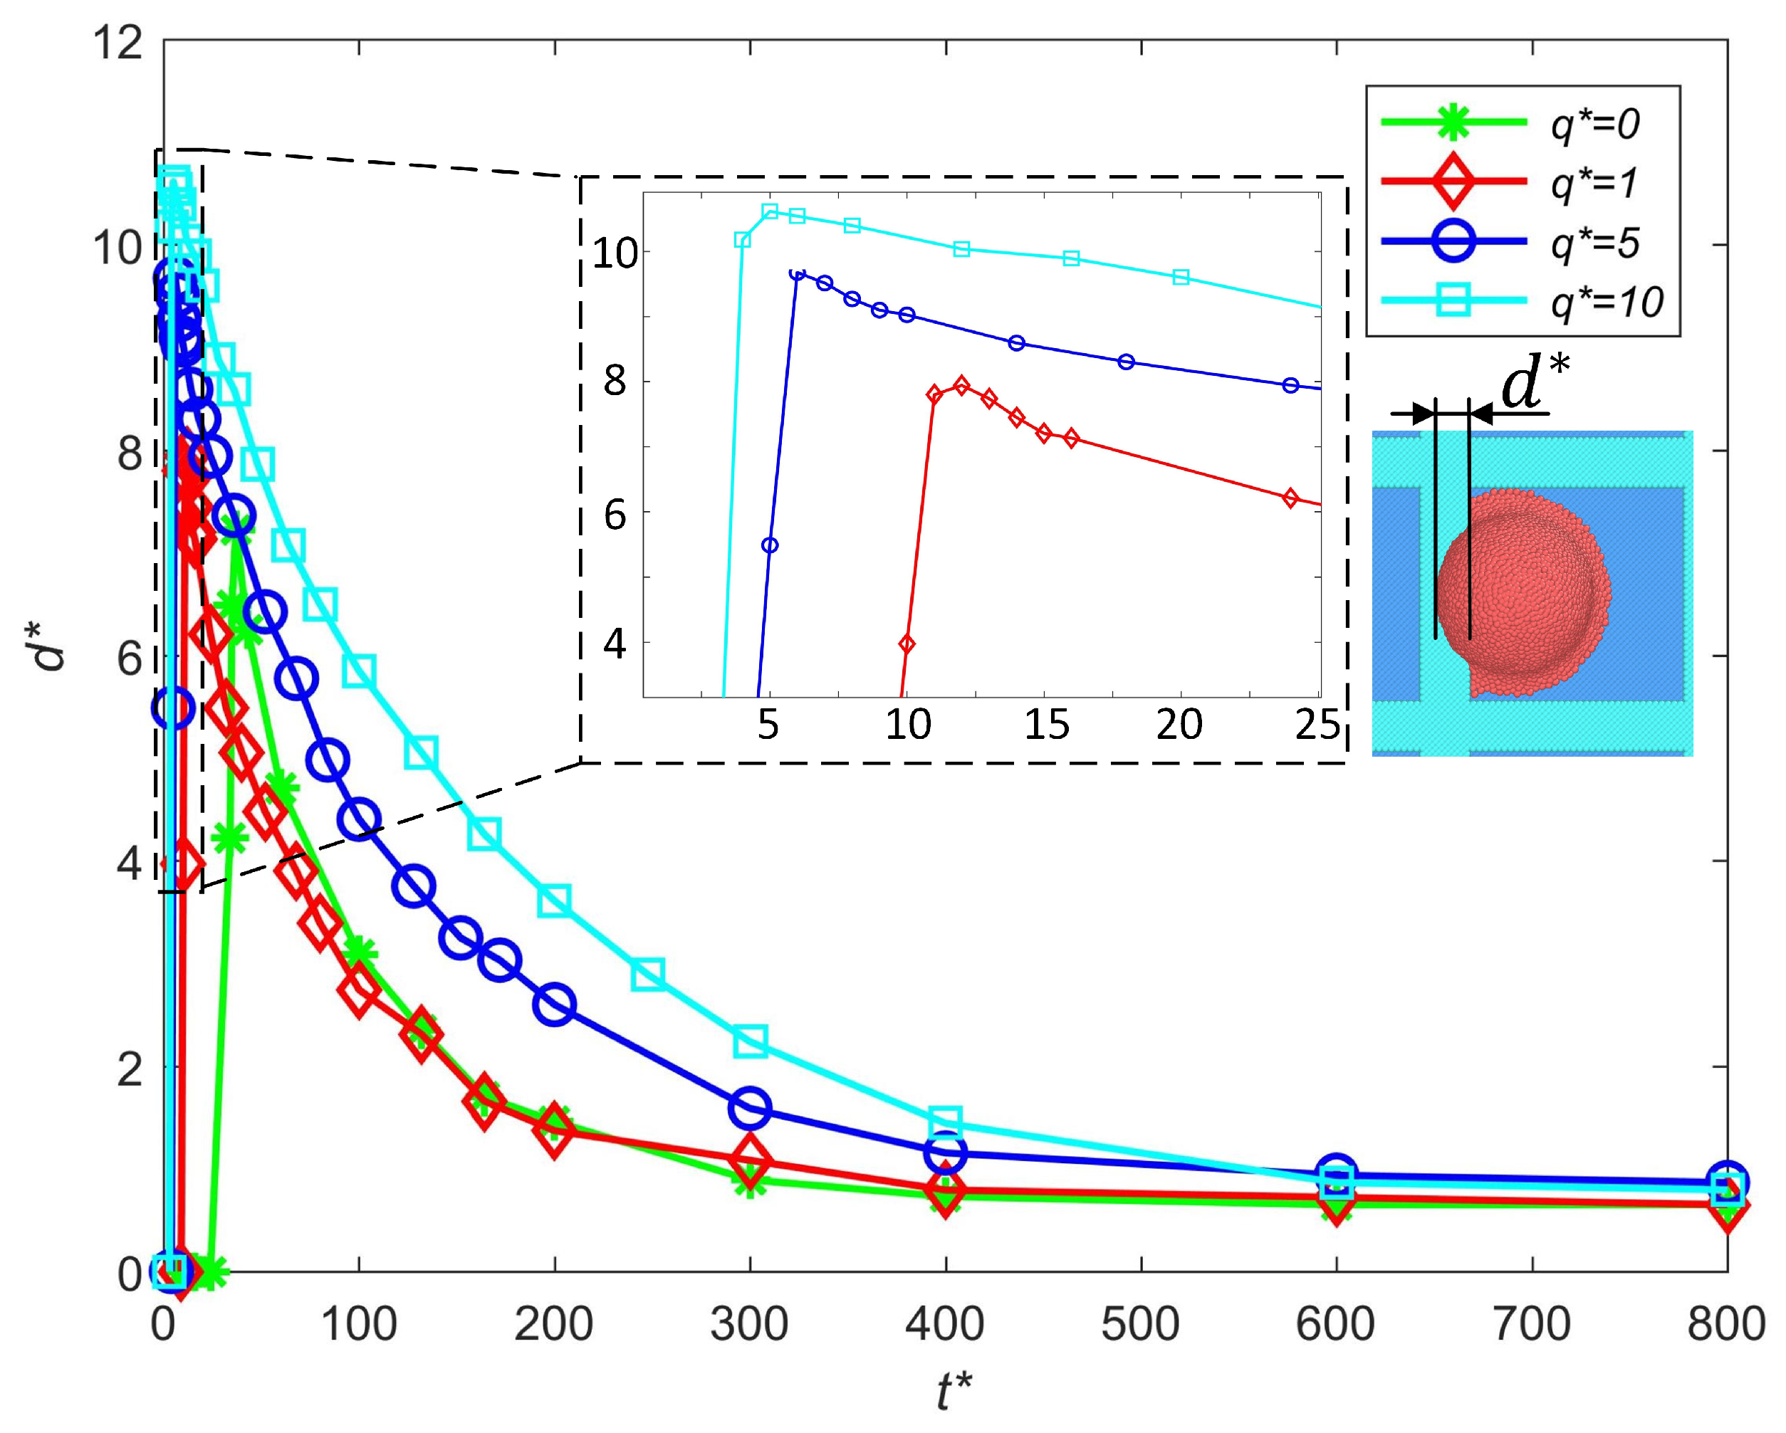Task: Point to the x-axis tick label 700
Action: click(1532, 1323)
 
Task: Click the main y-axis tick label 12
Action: click(117, 41)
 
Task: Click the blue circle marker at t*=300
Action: click(750, 1108)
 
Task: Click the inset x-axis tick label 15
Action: click(1046, 725)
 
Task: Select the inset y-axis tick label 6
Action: click(615, 515)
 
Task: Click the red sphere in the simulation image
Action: click(1523, 592)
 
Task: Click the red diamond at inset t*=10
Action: click(907, 644)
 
